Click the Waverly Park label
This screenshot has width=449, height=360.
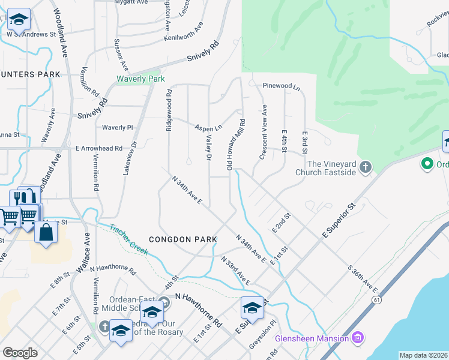point(140,79)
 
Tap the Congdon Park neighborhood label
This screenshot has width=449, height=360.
point(182,239)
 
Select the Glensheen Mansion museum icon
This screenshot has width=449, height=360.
point(358,338)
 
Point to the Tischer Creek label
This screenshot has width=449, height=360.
point(129,239)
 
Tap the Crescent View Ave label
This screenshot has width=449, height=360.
point(264,133)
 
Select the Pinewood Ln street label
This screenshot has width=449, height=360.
point(281,86)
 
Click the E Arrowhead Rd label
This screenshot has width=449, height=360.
point(98,148)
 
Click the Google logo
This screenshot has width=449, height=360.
point(20,353)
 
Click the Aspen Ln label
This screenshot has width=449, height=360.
point(209,128)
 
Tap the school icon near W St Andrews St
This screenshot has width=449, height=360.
point(19,19)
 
